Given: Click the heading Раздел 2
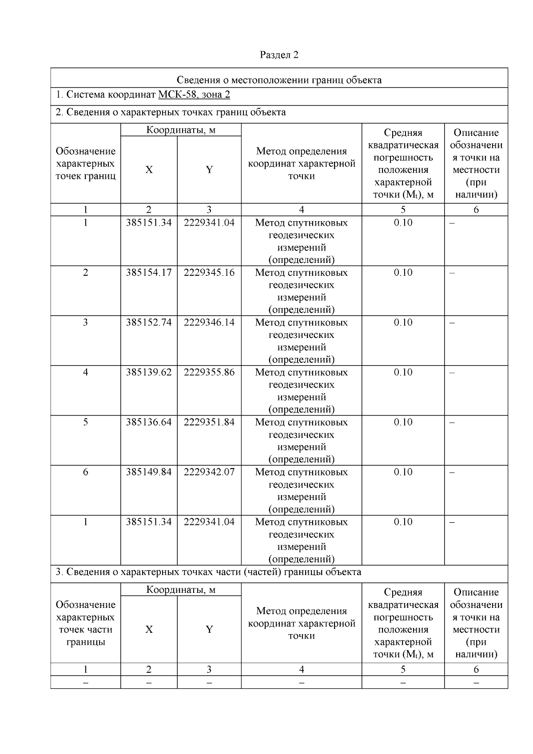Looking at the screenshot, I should tap(279, 55).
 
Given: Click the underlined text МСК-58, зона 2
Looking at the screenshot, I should tap(194, 95).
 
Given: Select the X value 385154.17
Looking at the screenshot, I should tap(148, 273).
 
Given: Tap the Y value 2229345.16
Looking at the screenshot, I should tap(209, 273).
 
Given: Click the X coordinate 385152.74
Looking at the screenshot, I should tap(148, 322).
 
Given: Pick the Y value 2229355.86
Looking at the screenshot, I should tap(209, 372).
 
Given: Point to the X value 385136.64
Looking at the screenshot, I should tap(148, 422).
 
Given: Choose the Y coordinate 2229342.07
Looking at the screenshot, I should tap(209, 472).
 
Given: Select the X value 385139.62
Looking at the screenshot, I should tap(148, 372).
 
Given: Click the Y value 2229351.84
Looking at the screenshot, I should tap(209, 422).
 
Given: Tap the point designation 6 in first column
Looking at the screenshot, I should tap(85, 472).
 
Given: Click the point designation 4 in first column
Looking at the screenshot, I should tap(85, 372).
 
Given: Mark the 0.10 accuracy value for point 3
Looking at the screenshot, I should tap(403, 322).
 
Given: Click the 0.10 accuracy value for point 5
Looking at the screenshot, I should tap(403, 422).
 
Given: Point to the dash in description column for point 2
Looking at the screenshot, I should tap(452, 273).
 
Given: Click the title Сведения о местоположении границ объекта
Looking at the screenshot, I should tap(279, 80).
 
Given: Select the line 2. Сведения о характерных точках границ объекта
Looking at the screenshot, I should tap(171, 112).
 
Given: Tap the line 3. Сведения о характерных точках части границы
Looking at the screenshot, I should tap(208, 572).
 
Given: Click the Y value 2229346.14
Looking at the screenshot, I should tap(209, 322).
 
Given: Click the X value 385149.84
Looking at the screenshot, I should tap(148, 472).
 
